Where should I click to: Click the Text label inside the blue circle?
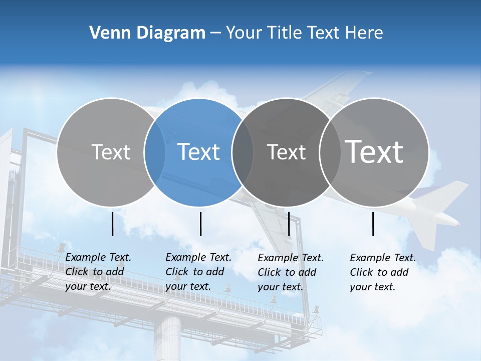[199, 152]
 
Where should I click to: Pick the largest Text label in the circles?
[374, 151]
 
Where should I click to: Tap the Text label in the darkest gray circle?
[286, 152]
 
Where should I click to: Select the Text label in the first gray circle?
[111, 152]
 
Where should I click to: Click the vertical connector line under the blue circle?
[200, 224]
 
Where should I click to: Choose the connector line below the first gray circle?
[113, 224]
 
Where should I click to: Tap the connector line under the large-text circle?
[373, 224]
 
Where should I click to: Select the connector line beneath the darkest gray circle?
[289, 224]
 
